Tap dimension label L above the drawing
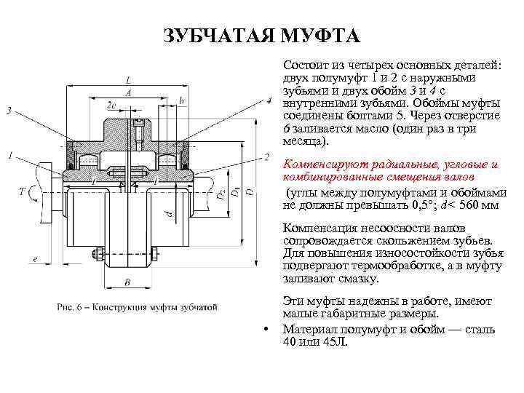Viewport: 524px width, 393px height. [x=128, y=79]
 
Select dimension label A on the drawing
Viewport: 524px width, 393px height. [x=128, y=92]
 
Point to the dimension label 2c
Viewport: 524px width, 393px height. [x=111, y=106]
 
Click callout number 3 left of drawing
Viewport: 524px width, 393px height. [x=9, y=110]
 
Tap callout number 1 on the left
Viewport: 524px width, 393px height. [x=9, y=155]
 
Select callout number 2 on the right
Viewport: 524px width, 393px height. [x=267, y=156]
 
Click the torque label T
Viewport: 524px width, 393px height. [x=23, y=191]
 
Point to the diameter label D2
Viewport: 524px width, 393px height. [x=220, y=196]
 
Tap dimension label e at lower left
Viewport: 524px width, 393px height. [x=35, y=258]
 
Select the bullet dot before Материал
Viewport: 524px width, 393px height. [x=267, y=329]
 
